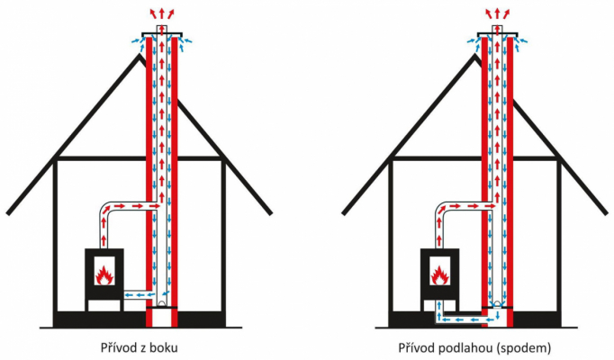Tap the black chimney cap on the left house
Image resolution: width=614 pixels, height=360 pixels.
tap(159, 37)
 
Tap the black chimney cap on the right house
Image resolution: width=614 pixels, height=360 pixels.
tap(495, 37)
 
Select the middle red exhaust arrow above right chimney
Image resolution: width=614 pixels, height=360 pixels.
tap(495, 11)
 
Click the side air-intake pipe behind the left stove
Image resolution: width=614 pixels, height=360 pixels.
tap(135, 293)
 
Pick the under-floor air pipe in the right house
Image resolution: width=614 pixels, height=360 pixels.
tap(465, 318)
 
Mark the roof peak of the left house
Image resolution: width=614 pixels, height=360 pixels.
tap(139, 57)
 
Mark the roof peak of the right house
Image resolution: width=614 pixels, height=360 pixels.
tap(474, 57)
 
